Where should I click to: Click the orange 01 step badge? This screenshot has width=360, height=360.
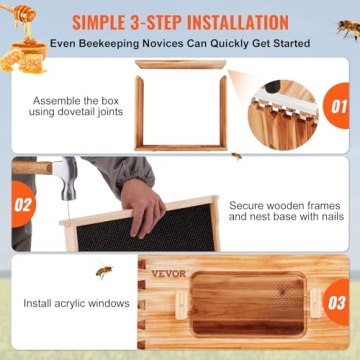tap(337, 104)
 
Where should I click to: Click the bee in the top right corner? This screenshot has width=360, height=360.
tap(347, 29)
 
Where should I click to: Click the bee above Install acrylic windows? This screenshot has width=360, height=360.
tap(104, 271)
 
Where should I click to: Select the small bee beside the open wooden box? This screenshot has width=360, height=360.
tap(236, 155)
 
